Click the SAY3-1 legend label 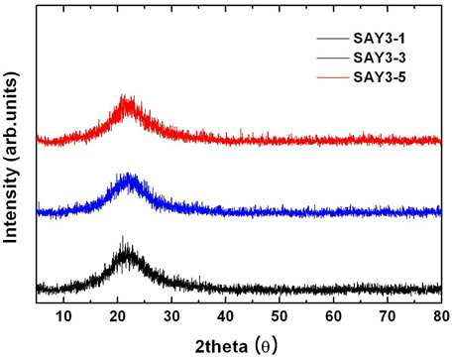(379, 39)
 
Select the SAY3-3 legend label (380, 58)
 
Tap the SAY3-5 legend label (380, 77)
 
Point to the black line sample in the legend (333, 39)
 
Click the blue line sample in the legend (333, 58)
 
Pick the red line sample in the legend (333, 77)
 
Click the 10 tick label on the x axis (63, 316)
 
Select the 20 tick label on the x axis (117, 316)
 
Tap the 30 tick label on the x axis (171, 316)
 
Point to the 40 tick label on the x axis (225, 316)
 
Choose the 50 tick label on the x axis (280, 316)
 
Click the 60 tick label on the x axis (333, 316)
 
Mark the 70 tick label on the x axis (388, 316)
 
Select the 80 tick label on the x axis (441, 316)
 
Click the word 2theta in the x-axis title (221, 347)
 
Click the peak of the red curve (123, 95)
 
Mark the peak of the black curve (123, 236)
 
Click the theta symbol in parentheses (266, 347)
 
